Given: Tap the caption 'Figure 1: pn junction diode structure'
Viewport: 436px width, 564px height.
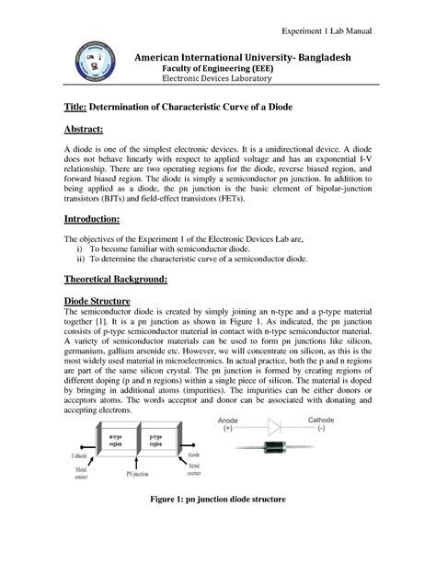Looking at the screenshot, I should [x=217, y=524].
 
